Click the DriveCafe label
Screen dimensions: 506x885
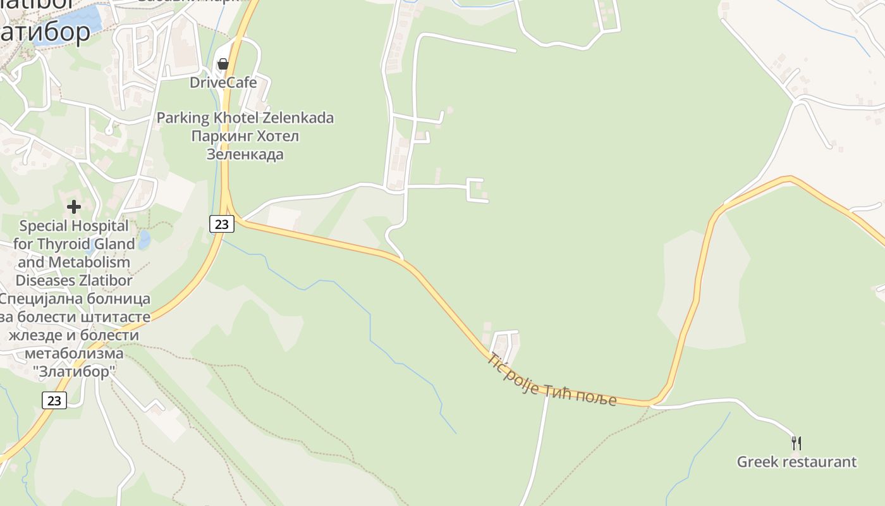click(223, 82)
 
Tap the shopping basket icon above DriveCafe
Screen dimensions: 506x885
click(223, 64)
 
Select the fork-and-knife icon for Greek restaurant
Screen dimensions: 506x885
click(796, 443)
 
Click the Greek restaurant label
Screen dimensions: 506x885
click(796, 462)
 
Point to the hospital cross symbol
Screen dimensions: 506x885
click(74, 206)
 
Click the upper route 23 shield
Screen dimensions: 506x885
click(221, 223)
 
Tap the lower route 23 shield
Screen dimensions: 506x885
click(54, 400)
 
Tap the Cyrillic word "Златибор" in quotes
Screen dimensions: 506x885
click(74, 371)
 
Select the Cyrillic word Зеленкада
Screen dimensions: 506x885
click(245, 154)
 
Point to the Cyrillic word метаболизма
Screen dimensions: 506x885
click(74, 353)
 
